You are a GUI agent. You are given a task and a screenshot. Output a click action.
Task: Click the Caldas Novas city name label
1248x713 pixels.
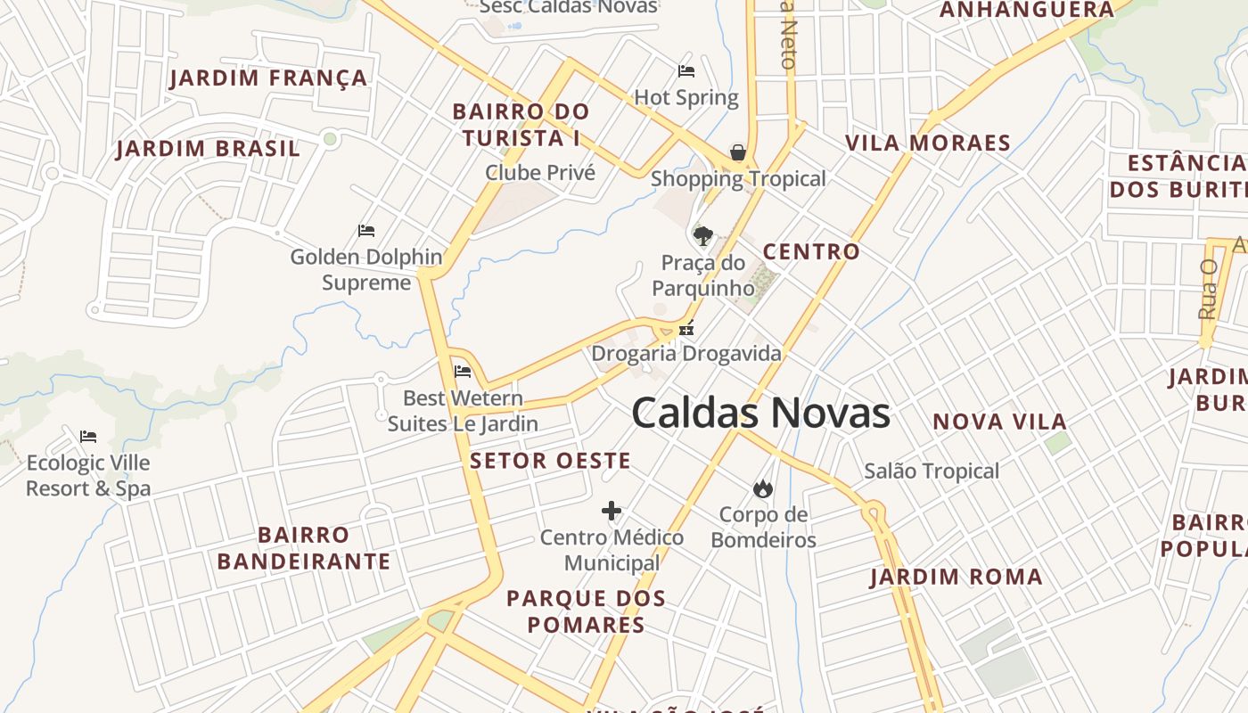pyautogui.click(x=760, y=414)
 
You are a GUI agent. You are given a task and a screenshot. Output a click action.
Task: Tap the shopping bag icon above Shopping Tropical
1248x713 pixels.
pyautogui.click(x=738, y=152)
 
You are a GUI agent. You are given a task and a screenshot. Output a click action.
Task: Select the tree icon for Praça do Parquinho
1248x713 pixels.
pyautogui.click(x=702, y=236)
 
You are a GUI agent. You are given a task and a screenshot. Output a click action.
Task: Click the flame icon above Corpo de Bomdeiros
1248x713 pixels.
pyautogui.click(x=762, y=488)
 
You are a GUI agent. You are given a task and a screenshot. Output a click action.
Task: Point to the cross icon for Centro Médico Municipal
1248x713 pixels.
pyautogui.click(x=611, y=511)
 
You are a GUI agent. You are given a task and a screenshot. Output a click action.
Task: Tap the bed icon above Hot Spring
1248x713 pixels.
pyautogui.click(x=686, y=71)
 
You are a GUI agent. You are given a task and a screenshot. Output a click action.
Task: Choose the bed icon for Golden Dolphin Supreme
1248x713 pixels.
pyautogui.click(x=365, y=231)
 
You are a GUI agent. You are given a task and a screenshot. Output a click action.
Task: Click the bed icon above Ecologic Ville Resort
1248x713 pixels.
pyautogui.click(x=87, y=437)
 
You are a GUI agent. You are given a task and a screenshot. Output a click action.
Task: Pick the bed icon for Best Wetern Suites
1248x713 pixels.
pyautogui.click(x=462, y=371)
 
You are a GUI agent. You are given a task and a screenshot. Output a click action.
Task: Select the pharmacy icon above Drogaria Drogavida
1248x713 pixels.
pyautogui.click(x=686, y=329)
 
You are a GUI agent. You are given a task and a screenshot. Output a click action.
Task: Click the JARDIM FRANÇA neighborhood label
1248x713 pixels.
pyautogui.click(x=268, y=78)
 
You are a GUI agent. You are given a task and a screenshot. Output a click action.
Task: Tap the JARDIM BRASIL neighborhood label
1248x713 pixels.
pyautogui.click(x=208, y=149)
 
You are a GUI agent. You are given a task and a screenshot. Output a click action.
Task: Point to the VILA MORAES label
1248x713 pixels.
pyautogui.click(x=927, y=143)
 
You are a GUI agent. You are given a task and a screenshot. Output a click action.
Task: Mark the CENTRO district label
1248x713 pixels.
pyautogui.click(x=811, y=252)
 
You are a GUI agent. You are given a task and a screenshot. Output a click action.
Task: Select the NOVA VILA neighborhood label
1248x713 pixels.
pyautogui.click(x=999, y=422)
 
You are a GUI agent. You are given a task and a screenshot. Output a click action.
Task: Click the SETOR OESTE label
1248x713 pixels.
pyautogui.click(x=550, y=461)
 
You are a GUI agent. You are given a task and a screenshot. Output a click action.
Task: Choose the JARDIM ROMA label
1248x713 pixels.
pyautogui.click(x=957, y=578)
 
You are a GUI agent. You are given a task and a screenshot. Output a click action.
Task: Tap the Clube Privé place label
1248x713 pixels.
pyautogui.click(x=540, y=172)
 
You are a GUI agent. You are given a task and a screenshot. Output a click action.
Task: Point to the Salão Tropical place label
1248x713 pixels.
pyautogui.click(x=932, y=471)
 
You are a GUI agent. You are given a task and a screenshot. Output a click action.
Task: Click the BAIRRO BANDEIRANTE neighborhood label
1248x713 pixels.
pyautogui.click(x=303, y=548)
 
